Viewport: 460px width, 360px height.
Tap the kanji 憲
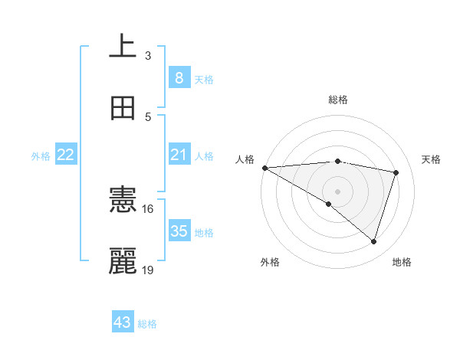[123, 201]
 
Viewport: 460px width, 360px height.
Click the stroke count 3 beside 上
[148, 55]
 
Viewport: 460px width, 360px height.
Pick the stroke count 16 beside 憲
[148, 208]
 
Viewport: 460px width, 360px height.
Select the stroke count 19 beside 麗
[148, 270]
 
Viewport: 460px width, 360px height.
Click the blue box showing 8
[179, 77]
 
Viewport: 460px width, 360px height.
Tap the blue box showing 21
[179, 155]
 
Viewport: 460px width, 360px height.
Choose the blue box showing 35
[179, 231]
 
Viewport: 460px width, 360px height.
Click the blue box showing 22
[65, 155]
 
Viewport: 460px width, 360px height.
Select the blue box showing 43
[123, 322]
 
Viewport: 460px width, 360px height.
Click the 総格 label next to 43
[148, 324]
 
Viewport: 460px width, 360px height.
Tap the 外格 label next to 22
[41, 156]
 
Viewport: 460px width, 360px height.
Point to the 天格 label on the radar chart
[432, 159]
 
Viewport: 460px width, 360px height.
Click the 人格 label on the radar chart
[245, 159]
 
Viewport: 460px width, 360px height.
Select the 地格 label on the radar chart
[402, 263]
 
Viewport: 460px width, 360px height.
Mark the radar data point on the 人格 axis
[264, 167]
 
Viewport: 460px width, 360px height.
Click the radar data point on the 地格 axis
[373, 242]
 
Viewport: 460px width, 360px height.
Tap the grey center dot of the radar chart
[337, 191]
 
